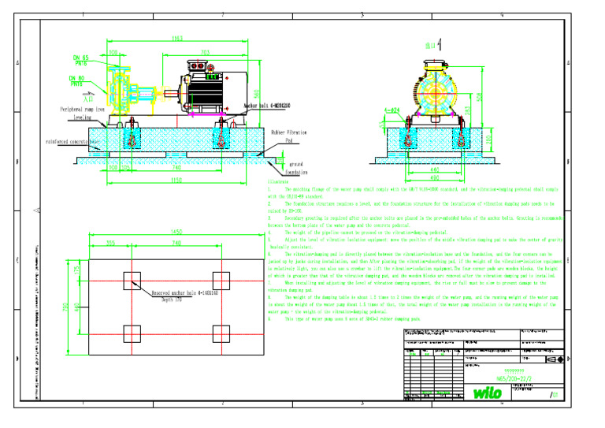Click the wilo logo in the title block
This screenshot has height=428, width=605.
[488, 392]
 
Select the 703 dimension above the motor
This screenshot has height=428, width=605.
[204, 53]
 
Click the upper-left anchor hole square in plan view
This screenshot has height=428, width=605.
[132, 280]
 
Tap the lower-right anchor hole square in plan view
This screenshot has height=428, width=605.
[222, 333]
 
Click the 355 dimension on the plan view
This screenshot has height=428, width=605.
[111, 244]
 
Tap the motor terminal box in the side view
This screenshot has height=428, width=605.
[210, 75]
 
